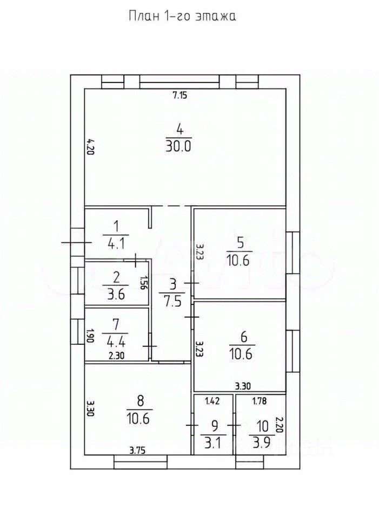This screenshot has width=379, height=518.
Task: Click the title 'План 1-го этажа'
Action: point(182,16)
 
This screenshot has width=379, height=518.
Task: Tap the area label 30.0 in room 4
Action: point(179,146)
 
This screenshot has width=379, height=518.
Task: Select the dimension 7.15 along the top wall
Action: point(179,96)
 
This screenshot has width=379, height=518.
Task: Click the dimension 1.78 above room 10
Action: point(261,400)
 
